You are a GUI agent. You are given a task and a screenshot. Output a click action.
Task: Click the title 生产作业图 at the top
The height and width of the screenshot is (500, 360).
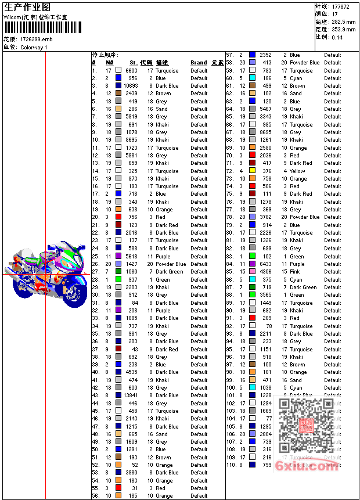[x=27, y=7]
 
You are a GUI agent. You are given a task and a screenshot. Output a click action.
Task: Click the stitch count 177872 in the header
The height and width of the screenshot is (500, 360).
[x=341, y=6]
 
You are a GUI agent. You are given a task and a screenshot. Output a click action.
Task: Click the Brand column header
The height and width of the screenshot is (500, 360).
[x=199, y=63]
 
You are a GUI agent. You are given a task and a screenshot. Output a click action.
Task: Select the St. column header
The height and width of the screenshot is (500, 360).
[x=133, y=63]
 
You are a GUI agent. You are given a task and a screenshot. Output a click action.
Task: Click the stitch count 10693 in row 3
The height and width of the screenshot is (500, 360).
[x=130, y=86]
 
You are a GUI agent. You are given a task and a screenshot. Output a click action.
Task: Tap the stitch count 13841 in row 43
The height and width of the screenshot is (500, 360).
[x=130, y=395]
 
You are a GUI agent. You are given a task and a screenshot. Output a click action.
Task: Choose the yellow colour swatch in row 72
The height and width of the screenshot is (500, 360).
[x=252, y=171]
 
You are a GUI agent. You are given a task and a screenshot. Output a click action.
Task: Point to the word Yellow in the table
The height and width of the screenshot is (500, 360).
[x=297, y=171]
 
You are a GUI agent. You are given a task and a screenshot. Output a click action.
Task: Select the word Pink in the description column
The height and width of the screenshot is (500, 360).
[x=295, y=272]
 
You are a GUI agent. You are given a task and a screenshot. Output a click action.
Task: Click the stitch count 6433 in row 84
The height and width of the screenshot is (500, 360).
[x=265, y=264]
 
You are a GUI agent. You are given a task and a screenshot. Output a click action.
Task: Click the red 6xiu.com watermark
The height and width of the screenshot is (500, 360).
[x=307, y=465]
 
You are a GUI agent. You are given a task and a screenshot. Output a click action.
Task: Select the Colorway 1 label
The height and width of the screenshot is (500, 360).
[x=34, y=48]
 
